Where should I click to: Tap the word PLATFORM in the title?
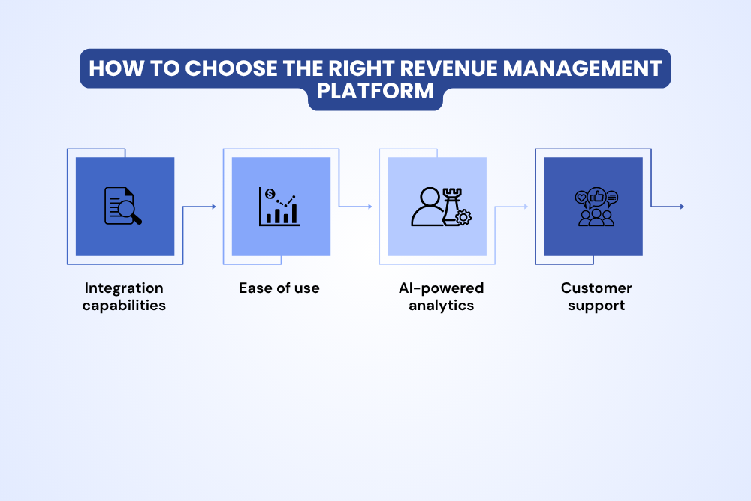[375, 91]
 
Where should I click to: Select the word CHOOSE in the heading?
[231, 68]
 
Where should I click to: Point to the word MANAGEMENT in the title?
[582, 68]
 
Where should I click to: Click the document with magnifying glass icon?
[123, 206]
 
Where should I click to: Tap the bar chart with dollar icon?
[279, 207]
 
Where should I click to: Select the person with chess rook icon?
[441, 207]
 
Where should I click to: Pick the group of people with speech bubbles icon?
[596, 207]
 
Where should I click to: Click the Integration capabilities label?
[124, 297]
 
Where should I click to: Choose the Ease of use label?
[279, 288]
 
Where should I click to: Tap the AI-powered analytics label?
[441, 297]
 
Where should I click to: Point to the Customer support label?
[596, 297]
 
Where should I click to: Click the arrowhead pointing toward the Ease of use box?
[214, 207]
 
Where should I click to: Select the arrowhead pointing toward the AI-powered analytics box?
[370, 207]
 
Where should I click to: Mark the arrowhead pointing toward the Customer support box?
[526, 207]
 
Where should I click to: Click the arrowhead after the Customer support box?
[682, 207]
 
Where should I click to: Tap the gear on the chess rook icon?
[463, 217]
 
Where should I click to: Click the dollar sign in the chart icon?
[270, 194]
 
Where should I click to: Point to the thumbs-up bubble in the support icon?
[597, 196]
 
